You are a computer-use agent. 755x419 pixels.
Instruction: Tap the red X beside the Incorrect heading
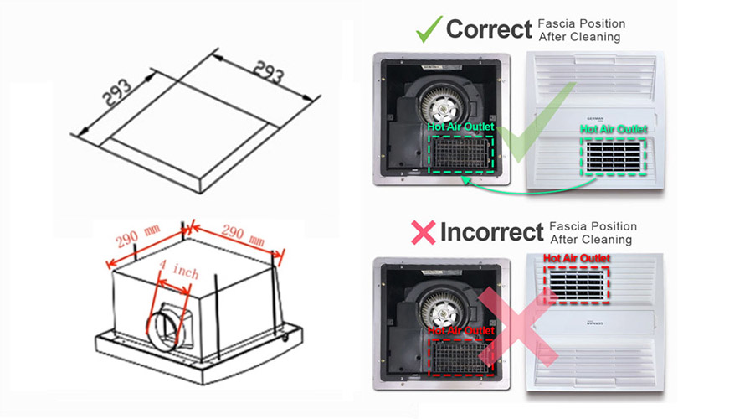pyautogui.click(x=424, y=232)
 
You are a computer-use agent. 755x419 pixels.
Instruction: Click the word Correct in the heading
pyautogui.click(x=489, y=29)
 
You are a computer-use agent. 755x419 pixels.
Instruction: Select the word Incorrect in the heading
pyautogui.click(x=491, y=231)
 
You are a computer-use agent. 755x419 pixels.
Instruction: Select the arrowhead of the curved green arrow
pyautogui.click(x=462, y=179)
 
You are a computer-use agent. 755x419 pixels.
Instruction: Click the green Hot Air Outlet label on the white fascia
pyautogui.click(x=614, y=129)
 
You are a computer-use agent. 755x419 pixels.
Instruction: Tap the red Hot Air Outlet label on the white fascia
pyautogui.click(x=577, y=258)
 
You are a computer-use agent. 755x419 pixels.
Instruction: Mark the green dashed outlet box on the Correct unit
pyautogui.click(x=460, y=153)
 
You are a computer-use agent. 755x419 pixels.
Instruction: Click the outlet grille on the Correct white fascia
pyautogui.click(x=614, y=155)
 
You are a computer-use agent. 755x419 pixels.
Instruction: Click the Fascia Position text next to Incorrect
pyautogui.click(x=593, y=227)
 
